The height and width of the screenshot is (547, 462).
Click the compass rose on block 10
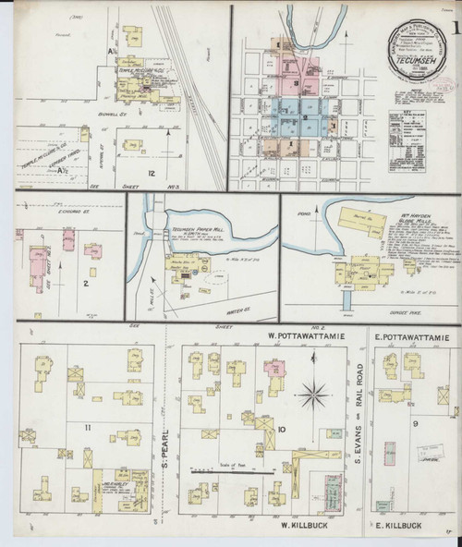pyautogui.click(x=313, y=395)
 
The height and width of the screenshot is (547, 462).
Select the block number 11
pyautogui.click(x=87, y=427)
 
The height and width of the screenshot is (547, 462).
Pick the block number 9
pyautogui.click(x=415, y=424)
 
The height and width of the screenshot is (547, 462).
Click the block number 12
pyautogui.click(x=150, y=173)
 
